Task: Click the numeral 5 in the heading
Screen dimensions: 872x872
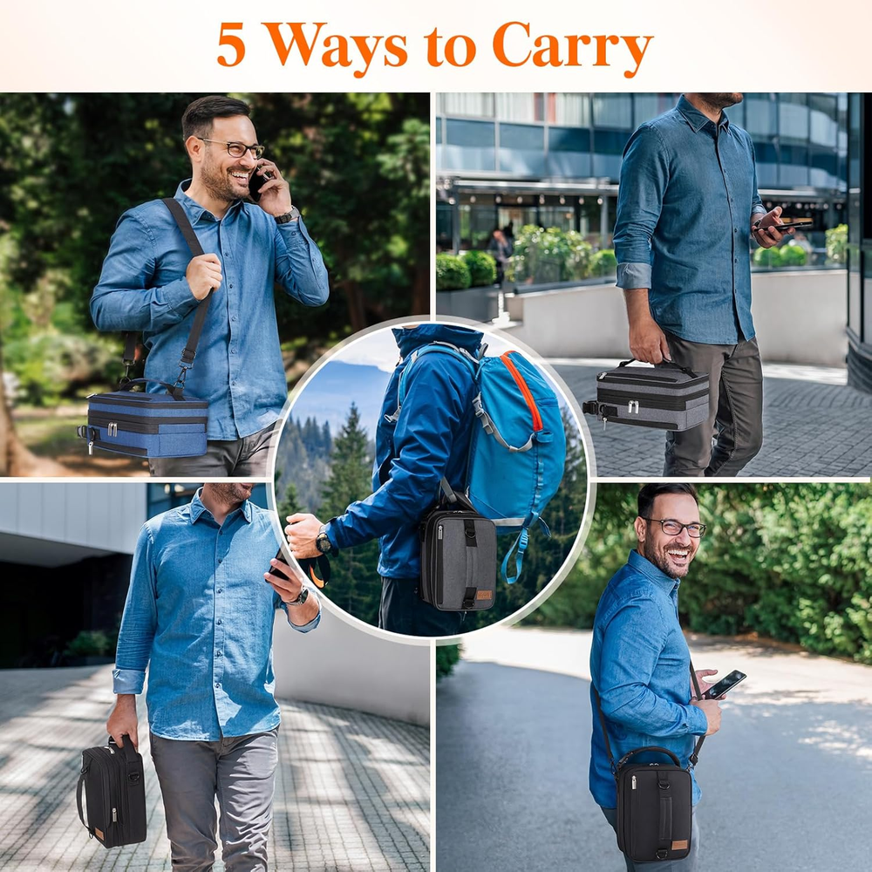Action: (231, 44)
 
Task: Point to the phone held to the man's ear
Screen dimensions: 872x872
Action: (256, 184)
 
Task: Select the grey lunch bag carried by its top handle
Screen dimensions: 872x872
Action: (648, 396)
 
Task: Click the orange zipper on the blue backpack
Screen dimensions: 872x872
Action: (521, 389)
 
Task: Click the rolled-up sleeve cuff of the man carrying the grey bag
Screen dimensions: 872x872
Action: (633, 276)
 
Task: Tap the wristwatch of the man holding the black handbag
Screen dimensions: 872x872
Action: (299, 597)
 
